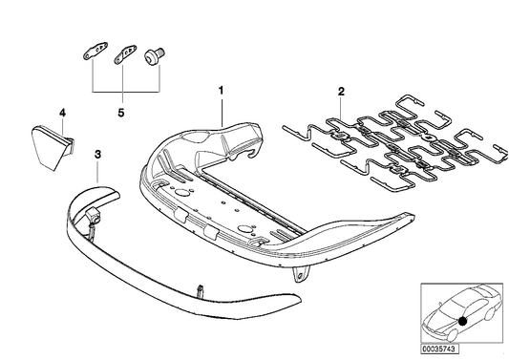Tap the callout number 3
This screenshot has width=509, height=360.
(97, 153)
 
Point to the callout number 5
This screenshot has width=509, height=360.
(120, 111)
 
